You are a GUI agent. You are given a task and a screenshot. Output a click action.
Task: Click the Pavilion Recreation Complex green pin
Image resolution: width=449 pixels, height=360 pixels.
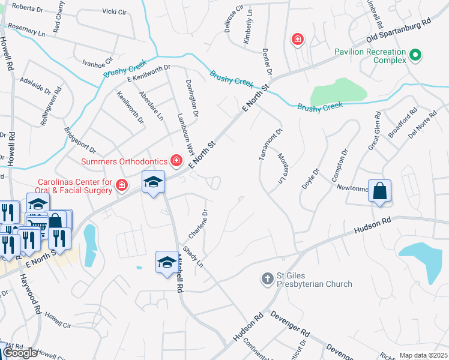pyautogui.click(x=414, y=57)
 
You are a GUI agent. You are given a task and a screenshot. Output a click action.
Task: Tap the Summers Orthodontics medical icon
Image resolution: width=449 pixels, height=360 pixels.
pyautogui.click(x=176, y=160)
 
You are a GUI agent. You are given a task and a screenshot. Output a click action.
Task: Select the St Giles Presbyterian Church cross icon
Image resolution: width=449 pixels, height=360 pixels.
pyautogui.click(x=268, y=278)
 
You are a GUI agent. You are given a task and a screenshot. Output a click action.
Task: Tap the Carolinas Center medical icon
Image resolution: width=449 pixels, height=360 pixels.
pyautogui.click(x=122, y=185)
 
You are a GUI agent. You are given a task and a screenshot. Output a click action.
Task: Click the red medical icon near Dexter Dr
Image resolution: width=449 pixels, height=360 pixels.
pyautogui.click(x=297, y=40)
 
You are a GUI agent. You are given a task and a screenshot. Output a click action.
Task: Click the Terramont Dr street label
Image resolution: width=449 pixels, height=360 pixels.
pyautogui.click(x=270, y=144)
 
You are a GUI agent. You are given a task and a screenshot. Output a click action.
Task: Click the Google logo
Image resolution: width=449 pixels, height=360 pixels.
pyautogui.click(x=20, y=353)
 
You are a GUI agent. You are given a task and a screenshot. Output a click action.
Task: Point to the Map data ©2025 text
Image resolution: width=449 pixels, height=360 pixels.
pyautogui.click(x=423, y=355)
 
